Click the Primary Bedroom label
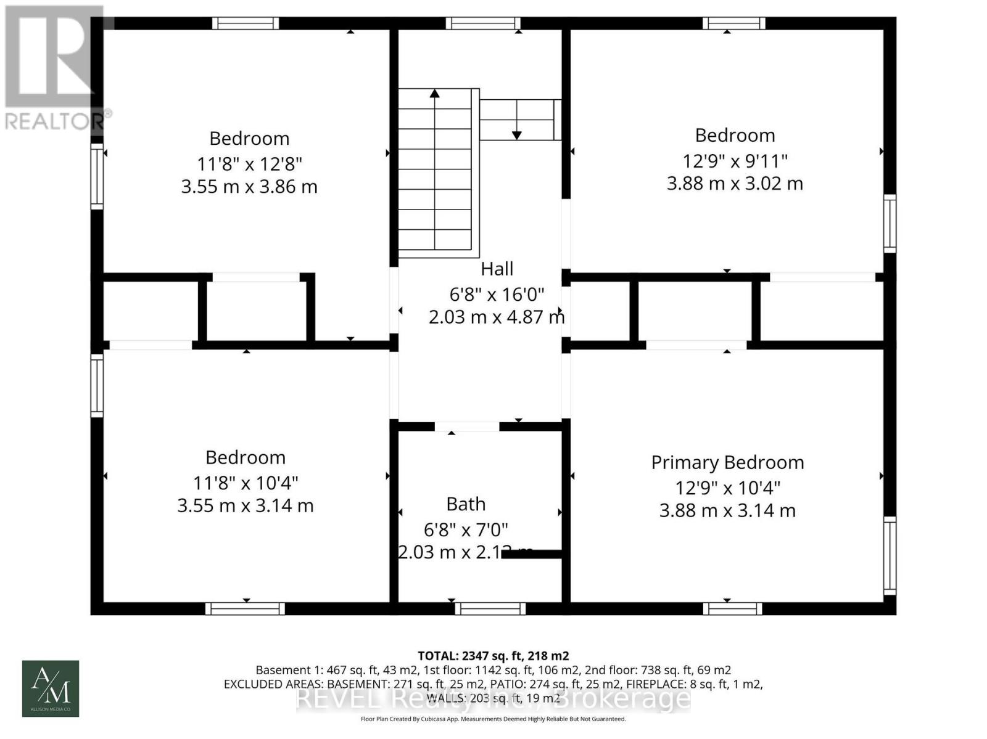click(727, 462)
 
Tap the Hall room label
click(497, 269)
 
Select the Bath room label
click(466, 504)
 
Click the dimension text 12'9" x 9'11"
click(735, 161)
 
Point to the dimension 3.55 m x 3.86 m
click(249, 187)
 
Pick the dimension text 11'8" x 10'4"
click(246, 483)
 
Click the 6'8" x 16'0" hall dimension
click(497, 295)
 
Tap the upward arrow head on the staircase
click(435, 94)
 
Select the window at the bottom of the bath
click(490, 609)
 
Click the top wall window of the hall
click(483, 23)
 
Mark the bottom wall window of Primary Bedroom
click(732, 609)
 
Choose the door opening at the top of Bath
click(467, 427)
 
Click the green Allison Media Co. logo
click(51, 688)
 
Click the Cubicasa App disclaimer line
click(493, 719)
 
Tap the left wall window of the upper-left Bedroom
click(97, 176)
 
